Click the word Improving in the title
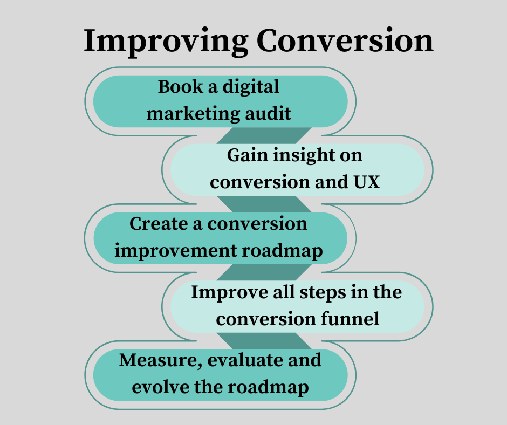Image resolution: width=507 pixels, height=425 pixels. (x=166, y=42)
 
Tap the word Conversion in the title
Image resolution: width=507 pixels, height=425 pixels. (x=345, y=40)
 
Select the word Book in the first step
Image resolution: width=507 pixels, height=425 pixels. (x=181, y=87)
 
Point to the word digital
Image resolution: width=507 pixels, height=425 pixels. (x=251, y=87)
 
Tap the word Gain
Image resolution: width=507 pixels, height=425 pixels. (x=248, y=155)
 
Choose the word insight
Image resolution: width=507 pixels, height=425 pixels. (x=304, y=155)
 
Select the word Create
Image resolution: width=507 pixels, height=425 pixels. (x=161, y=223)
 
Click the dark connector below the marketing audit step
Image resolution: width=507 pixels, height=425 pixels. (x=264, y=135)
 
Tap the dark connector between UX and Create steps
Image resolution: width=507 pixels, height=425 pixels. (x=264, y=204)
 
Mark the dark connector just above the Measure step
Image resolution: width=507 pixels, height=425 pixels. (x=264, y=341)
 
